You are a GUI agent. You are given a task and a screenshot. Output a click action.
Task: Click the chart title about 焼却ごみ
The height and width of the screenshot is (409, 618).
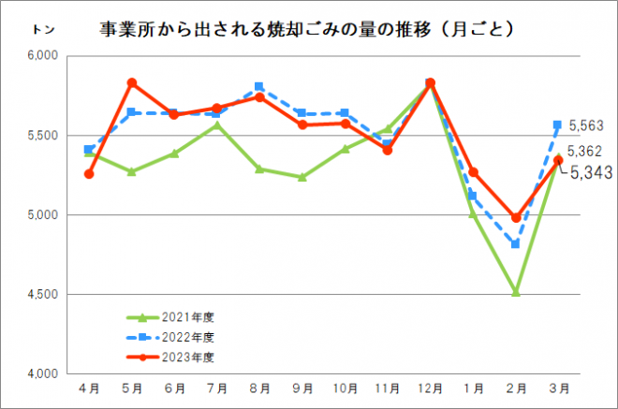[x=307, y=31]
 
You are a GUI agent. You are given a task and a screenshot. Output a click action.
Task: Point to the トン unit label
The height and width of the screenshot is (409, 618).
[x=43, y=30]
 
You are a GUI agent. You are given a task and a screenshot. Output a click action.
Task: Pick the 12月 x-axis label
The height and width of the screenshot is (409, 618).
[x=430, y=387]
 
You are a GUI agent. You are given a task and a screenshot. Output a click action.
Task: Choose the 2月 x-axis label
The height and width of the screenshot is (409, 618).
[x=514, y=387]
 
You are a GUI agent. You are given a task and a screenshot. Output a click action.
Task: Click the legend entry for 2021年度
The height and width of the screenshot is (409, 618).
[x=178, y=317]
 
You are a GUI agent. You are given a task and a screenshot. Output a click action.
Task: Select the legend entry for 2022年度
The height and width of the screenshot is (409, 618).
[x=178, y=337]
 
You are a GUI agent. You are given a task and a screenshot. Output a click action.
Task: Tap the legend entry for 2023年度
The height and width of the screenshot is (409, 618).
[x=178, y=357]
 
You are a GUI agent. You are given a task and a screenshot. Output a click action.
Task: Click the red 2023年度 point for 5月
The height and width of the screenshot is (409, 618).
[x=132, y=83]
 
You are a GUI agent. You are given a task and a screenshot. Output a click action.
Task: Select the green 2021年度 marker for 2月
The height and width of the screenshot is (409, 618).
[x=515, y=292]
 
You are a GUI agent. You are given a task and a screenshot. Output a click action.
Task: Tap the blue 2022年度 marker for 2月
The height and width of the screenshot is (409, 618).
[x=515, y=244]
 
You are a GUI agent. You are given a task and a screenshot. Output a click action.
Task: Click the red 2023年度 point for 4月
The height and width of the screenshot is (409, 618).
[x=89, y=174]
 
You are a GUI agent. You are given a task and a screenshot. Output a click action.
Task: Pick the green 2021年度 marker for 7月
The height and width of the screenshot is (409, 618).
[x=217, y=125]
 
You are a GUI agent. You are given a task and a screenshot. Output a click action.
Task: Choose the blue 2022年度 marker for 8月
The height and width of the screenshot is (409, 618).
[x=259, y=87]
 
